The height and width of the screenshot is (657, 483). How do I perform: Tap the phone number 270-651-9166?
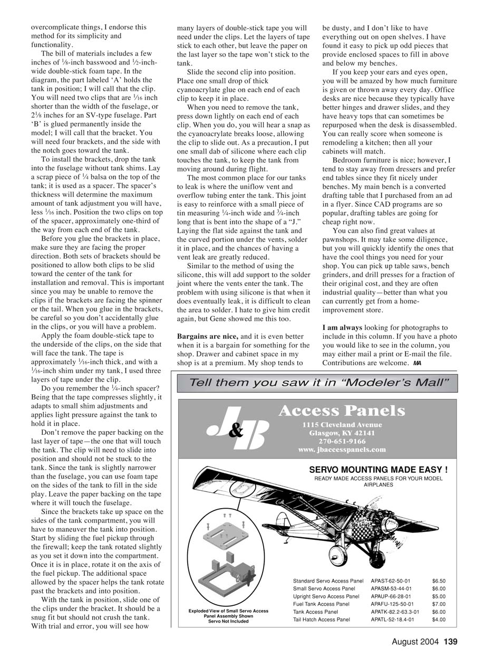342,441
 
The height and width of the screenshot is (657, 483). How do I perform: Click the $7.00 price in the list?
438,604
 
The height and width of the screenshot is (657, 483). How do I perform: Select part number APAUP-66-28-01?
391,596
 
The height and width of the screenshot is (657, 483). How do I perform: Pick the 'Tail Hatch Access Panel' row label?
322,620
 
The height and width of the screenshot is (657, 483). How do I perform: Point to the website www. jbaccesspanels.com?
342,450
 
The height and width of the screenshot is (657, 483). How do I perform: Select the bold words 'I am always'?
342,328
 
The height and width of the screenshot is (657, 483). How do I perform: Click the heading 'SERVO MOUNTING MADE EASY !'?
378,469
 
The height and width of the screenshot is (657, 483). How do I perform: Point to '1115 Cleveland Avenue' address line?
342,424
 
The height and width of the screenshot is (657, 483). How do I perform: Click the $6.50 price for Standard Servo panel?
438,580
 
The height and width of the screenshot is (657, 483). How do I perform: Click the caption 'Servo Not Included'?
228,621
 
